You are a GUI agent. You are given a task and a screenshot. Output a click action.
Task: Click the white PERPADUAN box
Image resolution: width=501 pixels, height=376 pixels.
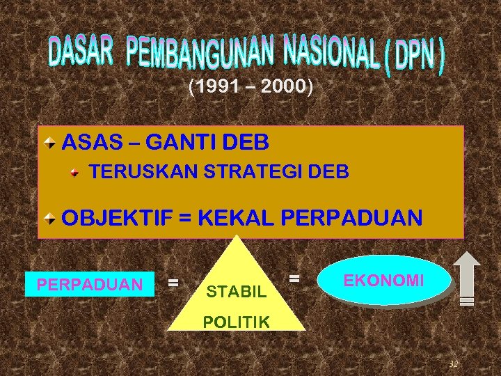pos(89,284)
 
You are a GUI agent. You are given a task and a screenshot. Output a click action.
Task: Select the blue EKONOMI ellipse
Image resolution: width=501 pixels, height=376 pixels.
pos(383,281)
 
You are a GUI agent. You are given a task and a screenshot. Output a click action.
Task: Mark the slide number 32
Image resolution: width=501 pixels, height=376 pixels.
pos(453,363)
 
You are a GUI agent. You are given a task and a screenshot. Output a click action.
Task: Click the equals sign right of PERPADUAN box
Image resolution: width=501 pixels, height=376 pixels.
pos(174,283)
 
